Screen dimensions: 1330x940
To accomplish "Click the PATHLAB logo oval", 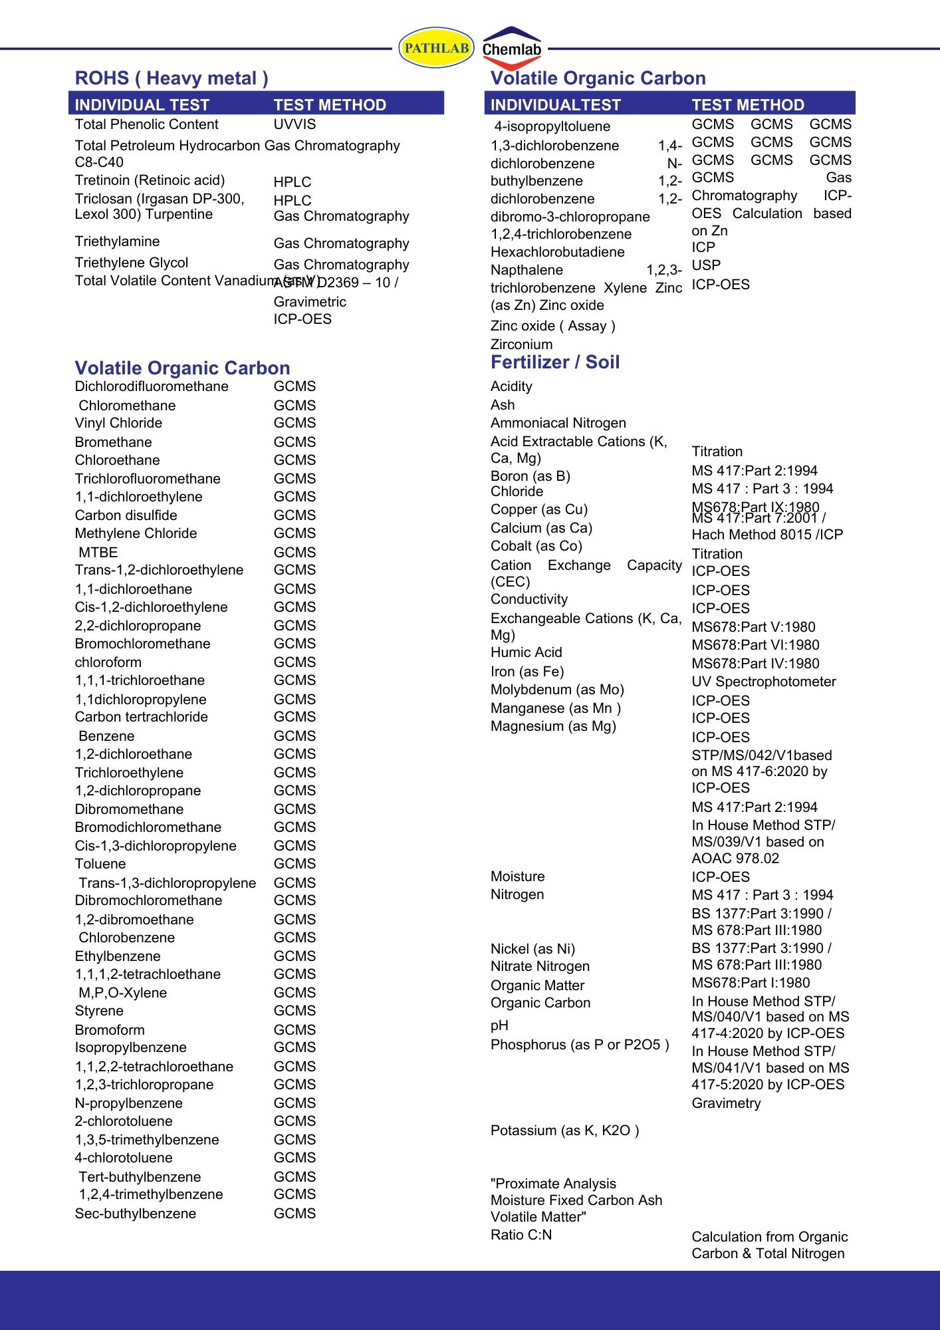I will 436,48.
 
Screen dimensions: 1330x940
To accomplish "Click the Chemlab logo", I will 512,49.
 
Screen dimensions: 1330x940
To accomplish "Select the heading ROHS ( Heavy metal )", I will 172,78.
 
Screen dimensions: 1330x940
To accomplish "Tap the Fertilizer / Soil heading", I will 555,362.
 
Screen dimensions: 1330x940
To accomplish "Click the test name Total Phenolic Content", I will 146,124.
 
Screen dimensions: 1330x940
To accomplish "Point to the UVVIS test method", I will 294,124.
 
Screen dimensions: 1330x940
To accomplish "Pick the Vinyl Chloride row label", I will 118,423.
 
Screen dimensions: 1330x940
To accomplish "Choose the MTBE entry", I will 98,552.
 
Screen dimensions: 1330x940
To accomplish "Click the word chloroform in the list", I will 108,662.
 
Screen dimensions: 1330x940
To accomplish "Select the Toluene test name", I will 100,864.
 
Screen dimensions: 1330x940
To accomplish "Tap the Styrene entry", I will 99,1011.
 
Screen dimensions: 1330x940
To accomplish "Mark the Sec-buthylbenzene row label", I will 136,1214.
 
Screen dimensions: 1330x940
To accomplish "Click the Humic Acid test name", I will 527,652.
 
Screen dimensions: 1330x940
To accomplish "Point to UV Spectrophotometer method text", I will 764,682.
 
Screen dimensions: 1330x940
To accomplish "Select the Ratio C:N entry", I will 521,1235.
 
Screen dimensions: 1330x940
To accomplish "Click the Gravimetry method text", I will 726,1103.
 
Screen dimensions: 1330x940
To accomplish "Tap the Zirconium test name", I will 521,344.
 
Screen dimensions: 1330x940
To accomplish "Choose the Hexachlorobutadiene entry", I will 558,252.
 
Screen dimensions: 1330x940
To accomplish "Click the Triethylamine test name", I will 117,241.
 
